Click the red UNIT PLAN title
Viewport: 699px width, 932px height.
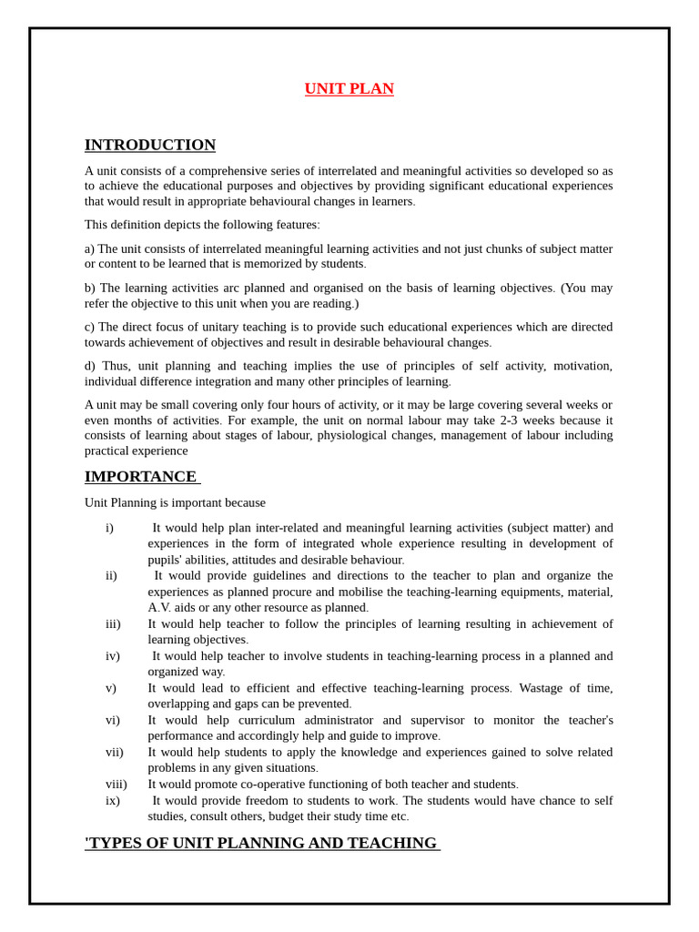click(x=349, y=89)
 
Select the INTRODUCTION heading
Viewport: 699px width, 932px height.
click(x=150, y=145)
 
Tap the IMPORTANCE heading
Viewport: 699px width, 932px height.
click(x=141, y=477)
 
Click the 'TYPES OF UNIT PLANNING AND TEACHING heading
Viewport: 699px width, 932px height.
click(x=261, y=843)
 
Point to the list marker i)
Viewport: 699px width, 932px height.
click(x=109, y=528)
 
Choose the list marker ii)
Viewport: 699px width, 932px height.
click(x=111, y=575)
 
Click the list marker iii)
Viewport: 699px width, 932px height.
click(x=113, y=623)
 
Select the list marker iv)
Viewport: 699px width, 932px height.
click(x=113, y=656)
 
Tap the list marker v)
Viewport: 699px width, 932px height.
click(x=111, y=688)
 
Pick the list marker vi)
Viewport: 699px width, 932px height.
click(x=113, y=720)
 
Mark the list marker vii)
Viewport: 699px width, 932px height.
click(x=115, y=752)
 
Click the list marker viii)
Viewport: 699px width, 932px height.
click(x=116, y=785)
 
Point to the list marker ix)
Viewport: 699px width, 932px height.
click(x=113, y=801)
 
